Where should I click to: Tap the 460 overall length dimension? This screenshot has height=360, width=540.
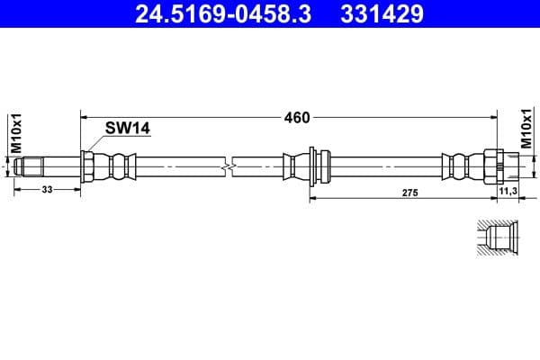[x=297, y=117]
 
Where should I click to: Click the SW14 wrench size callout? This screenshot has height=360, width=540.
[x=127, y=129]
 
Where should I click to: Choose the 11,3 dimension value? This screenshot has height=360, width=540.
[x=507, y=192]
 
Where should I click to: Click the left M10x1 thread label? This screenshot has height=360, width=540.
[x=15, y=131]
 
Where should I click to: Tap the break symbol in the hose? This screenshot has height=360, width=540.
[x=230, y=166]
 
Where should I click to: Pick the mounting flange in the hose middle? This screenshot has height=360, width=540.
[x=311, y=166]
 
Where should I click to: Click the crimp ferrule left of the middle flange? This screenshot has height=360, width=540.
[x=293, y=166]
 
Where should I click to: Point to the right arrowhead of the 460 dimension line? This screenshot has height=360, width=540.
[x=496, y=117]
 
